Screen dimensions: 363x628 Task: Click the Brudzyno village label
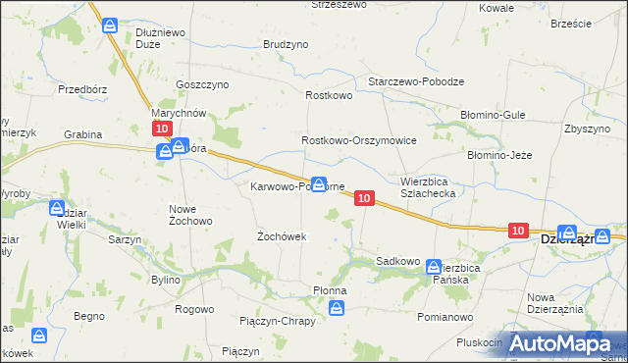point(286,45)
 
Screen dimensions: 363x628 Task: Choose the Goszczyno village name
point(201,84)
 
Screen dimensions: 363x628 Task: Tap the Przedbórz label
point(81,88)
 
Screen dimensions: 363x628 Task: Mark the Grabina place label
point(84,133)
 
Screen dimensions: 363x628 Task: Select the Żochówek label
point(282,236)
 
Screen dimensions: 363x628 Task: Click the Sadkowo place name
point(398,262)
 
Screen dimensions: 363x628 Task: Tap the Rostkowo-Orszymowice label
point(359,141)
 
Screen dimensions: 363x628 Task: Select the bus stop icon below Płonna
point(337,309)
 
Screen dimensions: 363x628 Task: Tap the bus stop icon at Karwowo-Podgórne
point(318,183)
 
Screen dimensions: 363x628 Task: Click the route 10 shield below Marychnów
point(163,129)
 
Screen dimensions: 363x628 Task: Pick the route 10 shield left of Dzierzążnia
point(519,230)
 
